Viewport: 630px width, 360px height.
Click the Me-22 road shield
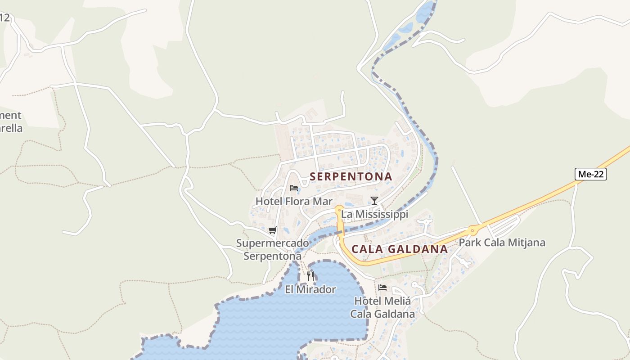pos(590,174)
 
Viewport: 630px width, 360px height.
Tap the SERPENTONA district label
pos(351,177)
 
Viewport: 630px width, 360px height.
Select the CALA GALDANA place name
pos(399,249)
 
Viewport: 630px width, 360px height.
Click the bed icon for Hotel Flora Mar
pos(294,188)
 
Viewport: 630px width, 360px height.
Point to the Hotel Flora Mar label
pos(294,201)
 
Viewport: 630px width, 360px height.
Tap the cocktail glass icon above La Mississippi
pos(374,201)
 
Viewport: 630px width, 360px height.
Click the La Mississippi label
pos(374,214)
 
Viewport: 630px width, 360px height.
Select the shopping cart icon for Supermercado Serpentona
pos(272,230)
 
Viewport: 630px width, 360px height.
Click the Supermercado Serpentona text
pos(273,250)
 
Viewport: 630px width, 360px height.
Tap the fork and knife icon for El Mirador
pos(310,276)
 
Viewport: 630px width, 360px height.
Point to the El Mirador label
pos(310,289)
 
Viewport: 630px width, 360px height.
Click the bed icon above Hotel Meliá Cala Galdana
pos(382,287)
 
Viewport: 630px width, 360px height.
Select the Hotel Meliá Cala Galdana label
pos(382,307)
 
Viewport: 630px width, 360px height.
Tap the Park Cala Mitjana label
pos(502,243)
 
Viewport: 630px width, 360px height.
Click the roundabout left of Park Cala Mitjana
pos(472,230)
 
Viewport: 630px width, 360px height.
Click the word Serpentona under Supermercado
pos(273,256)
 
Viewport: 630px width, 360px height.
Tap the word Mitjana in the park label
pos(526,243)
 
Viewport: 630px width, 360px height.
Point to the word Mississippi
pos(381,214)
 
